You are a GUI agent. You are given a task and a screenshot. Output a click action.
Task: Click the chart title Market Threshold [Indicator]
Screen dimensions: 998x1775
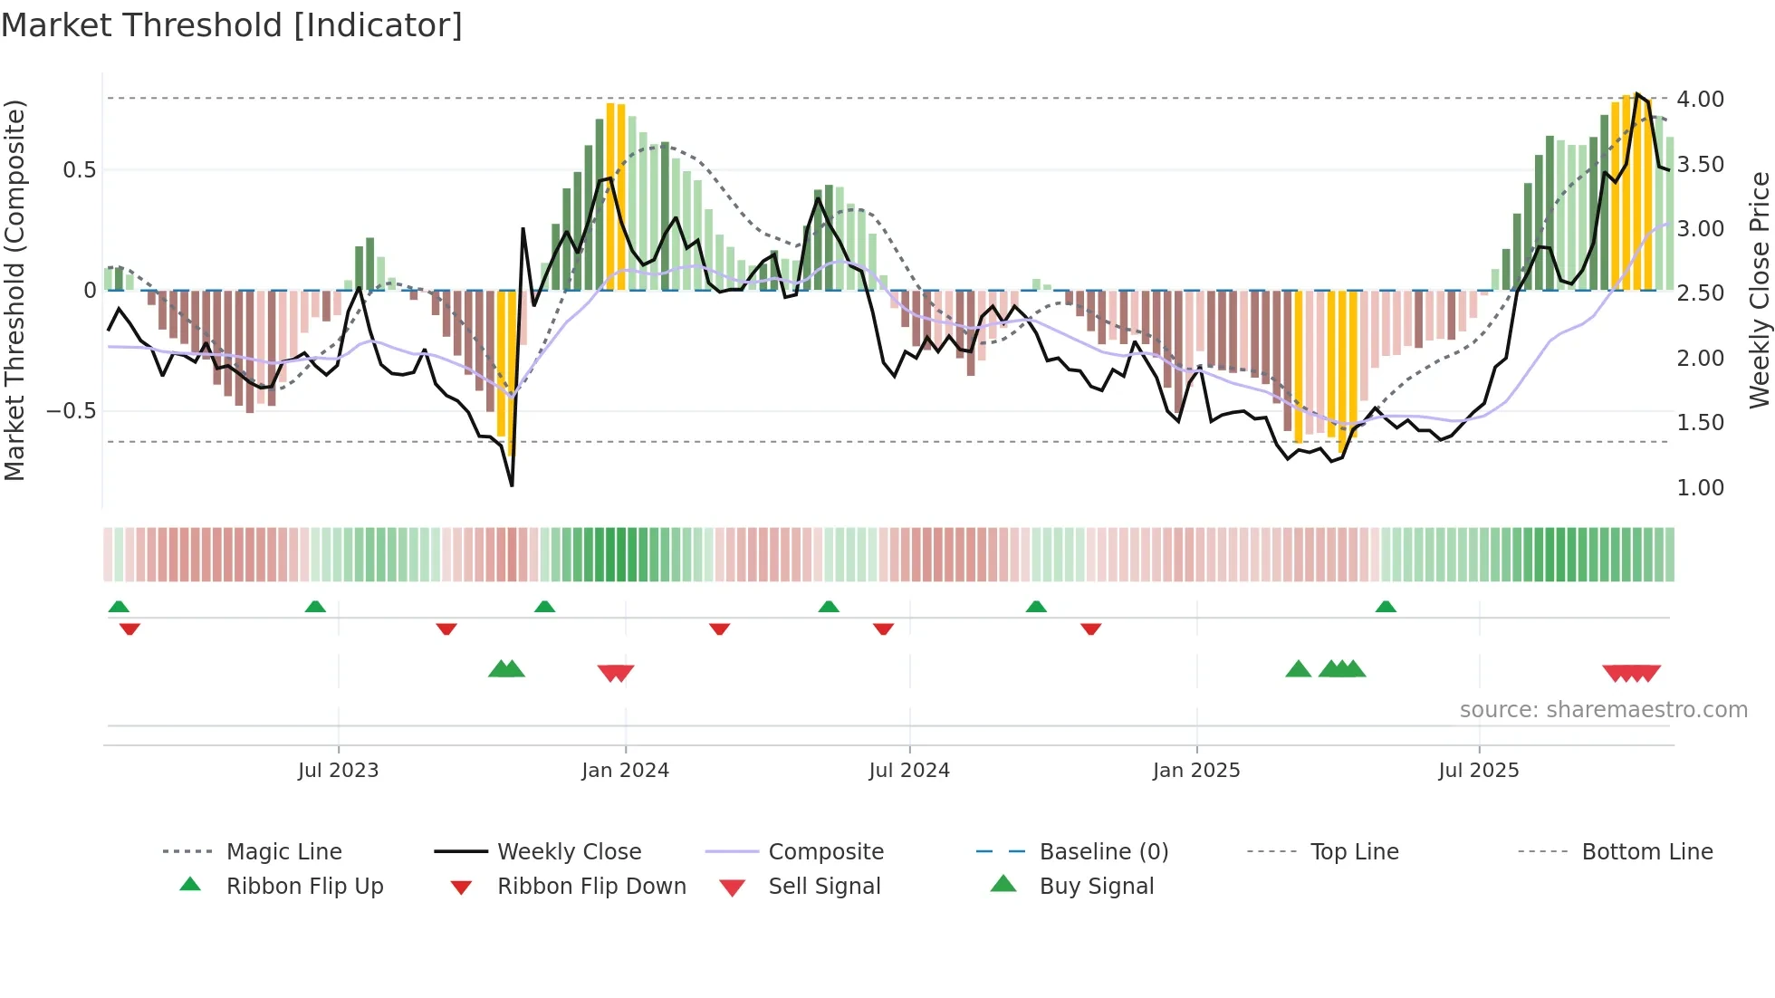pyautogui.click(x=232, y=25)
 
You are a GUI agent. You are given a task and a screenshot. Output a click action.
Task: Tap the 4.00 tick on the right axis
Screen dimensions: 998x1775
pyautogui.click(x=1700, y=100)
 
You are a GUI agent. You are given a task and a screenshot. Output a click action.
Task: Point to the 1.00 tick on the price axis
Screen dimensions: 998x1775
pyautogui.click(x=1700, y=488)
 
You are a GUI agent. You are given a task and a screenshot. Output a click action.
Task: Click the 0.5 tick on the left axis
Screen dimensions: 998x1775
pyautogui.click(x=79, y=170)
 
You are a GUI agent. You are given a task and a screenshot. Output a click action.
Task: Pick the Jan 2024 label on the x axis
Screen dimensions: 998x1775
pyautogui.click(x=625, y=771)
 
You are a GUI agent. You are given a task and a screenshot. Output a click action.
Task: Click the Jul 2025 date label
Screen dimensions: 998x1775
pyautogui.click(x=1478, y=771)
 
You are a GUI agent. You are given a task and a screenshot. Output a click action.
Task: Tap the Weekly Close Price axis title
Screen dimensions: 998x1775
pyautogui.click(x=1759, y=290)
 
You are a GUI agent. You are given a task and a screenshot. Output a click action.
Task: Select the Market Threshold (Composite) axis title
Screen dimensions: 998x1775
pyautogui.click(x=14, y=290)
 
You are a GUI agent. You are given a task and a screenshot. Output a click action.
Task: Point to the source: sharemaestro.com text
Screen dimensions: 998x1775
pyautogui.click(x=1603, y=710)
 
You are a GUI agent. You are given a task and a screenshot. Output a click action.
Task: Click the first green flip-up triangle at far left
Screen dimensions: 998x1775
pyautogui.click(x=119, y=607)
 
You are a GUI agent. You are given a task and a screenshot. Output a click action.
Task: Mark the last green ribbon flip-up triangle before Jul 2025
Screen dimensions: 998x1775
pyautogui.click(x=1386, y=607)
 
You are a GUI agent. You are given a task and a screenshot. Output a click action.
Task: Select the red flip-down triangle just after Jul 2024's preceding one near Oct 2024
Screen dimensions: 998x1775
pyautogui.click(x=1090, y=629)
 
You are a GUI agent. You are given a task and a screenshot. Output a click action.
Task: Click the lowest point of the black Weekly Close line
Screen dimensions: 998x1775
pyautogui.click(x=513, y=485)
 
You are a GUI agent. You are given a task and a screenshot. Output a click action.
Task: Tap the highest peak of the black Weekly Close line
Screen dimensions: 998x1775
pyautogui.click(x=1637, y=94)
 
